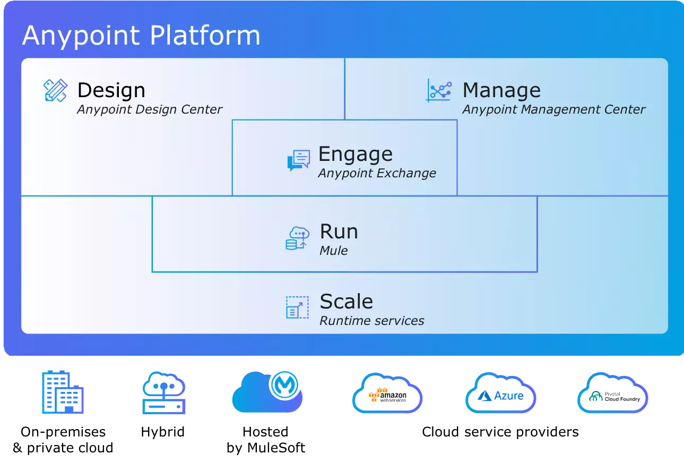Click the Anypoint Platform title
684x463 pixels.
click(141, 36)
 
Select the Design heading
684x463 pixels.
click(111, 90)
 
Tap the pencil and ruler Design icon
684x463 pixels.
click(55, 91)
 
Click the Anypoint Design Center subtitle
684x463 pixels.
click(150, 109)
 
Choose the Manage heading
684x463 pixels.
click(501, 90)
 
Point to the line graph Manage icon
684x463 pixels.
click(439, 91)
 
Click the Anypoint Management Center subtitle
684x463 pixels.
click(553, 109)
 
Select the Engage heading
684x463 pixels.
click(355, 154)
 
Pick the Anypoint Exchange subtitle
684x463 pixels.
click(377, 173)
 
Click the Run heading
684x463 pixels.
click(339, 231)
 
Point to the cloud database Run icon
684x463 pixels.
click(298, 238)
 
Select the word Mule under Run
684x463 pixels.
click(333, 251)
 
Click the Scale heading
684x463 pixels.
click(346, 302)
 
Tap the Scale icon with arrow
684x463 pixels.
click(297, 307)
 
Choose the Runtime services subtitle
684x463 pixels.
click(371, 321)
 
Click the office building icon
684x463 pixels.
click(63, 392)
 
